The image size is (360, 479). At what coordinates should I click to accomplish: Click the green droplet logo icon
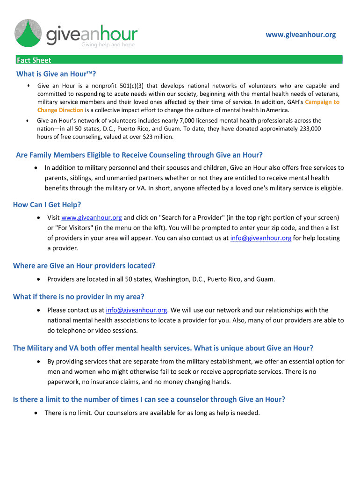pos(29,34)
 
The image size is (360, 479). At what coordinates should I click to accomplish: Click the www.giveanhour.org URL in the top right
pos(301,35)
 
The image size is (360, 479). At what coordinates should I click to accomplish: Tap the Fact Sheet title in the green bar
pos(34,60)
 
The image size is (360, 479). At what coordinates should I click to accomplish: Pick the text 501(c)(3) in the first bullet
pos(133,86)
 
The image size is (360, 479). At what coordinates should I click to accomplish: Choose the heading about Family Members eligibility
pos(139,155)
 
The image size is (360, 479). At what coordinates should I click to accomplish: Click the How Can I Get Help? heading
pos(47,204)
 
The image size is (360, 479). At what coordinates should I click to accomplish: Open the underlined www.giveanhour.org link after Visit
pos(92,218)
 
